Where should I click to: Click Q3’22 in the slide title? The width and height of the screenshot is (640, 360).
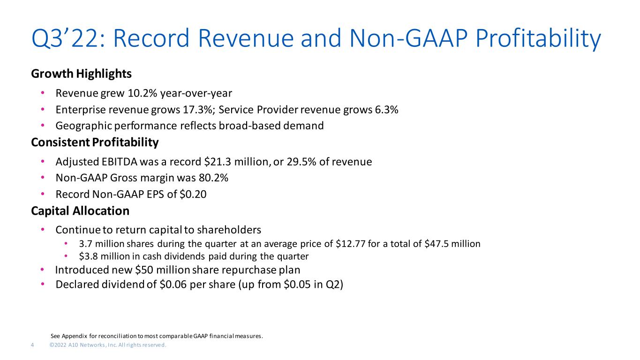pos(68,38)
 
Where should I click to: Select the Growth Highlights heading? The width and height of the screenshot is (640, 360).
pos(82,74)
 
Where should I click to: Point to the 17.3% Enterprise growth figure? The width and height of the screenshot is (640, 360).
pos(199,110)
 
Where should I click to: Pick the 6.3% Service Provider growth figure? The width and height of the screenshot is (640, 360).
pos(386,110)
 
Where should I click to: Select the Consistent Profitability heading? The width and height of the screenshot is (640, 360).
pos(95,142)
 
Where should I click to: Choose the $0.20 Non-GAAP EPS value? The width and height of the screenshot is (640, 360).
pos(193,195)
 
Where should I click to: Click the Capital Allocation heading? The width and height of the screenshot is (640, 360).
pos(80,211)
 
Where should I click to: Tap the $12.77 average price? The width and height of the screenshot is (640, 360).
pos(351,244)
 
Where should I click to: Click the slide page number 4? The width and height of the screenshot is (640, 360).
pos(32,345)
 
